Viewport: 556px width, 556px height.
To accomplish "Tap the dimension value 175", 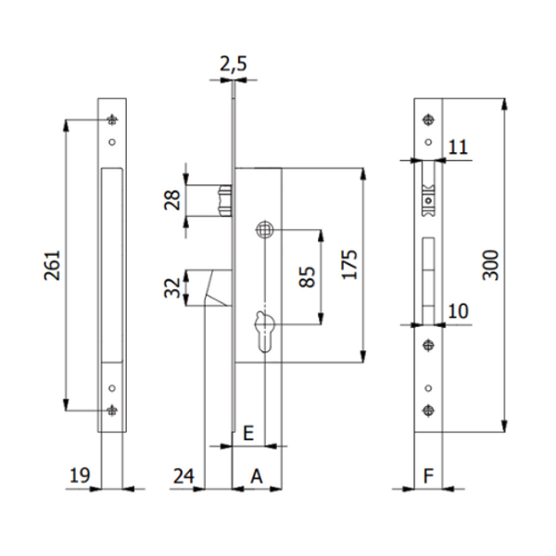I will coord(348,264).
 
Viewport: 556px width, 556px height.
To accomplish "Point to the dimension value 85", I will coord(308,276).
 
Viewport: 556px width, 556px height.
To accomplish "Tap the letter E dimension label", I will coord(247,433).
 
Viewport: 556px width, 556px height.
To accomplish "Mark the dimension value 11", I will coord(459,145).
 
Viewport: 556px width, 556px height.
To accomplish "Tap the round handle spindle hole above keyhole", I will coord(265,229).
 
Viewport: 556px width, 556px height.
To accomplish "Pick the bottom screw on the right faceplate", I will coord(427,411).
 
